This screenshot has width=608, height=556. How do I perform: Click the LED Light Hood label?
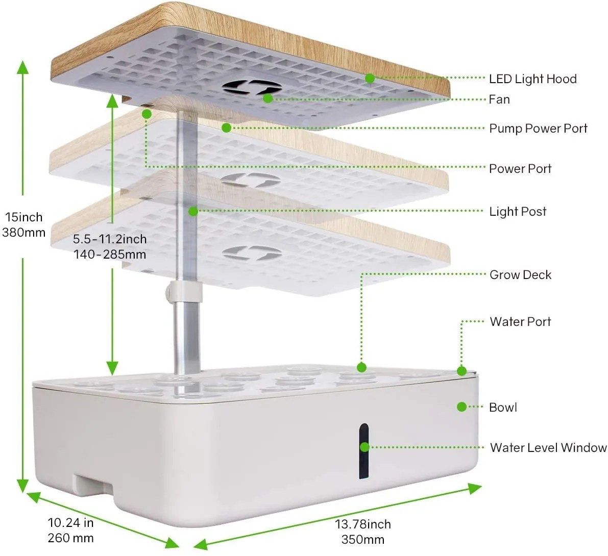coord(532,79)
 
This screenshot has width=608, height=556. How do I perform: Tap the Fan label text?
coord(499,99)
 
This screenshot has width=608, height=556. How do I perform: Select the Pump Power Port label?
coord(538,129)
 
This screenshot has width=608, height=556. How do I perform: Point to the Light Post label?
coord(518,212)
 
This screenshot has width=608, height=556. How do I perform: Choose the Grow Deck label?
coord(520,275)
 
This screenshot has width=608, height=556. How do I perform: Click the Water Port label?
coord(520,322)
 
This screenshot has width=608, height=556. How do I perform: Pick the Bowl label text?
coord(503,408)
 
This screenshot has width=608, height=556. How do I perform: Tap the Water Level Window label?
coord(548,448)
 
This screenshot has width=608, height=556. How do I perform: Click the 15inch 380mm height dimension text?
coord(24,225)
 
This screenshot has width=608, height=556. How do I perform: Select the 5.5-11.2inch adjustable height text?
coord(109,247)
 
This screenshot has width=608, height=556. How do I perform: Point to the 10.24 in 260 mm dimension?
coord(70,530)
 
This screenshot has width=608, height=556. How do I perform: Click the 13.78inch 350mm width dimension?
coord(362,532)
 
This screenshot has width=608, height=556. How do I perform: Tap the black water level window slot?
coord(363,451)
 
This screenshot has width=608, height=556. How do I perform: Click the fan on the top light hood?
coord(252,89)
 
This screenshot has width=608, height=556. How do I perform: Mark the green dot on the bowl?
coord(461,407)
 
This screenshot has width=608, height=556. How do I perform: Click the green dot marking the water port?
coord(461,371)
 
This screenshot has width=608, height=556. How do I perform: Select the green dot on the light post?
coord(193,211)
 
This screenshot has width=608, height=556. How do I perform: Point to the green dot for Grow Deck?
coord(361,367)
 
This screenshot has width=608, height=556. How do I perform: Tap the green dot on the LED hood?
coord(370,79)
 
